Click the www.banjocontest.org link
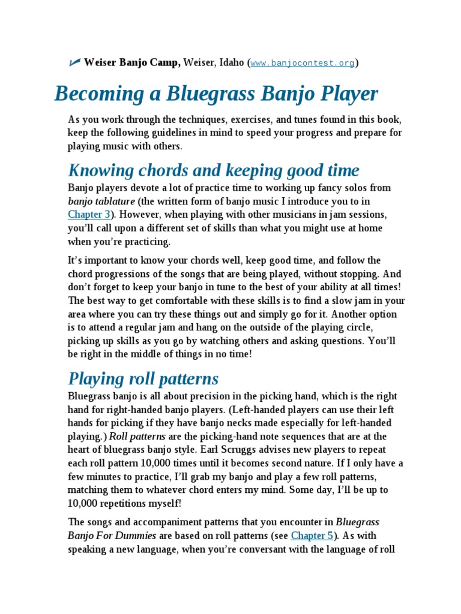pyautogui.click(x=303, y=63)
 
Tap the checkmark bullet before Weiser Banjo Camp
pyautogui.click(x=75, y=62)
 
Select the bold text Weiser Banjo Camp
pyautogui.click(x=132, y=62)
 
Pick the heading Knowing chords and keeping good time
pyautogui.click(x=213, y=170)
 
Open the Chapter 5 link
pyautogui.click(x=312, y=535)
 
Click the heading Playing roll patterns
pyautogui.click(x=143, y=378)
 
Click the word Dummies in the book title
pyautogui.click(x=136, y=535)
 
